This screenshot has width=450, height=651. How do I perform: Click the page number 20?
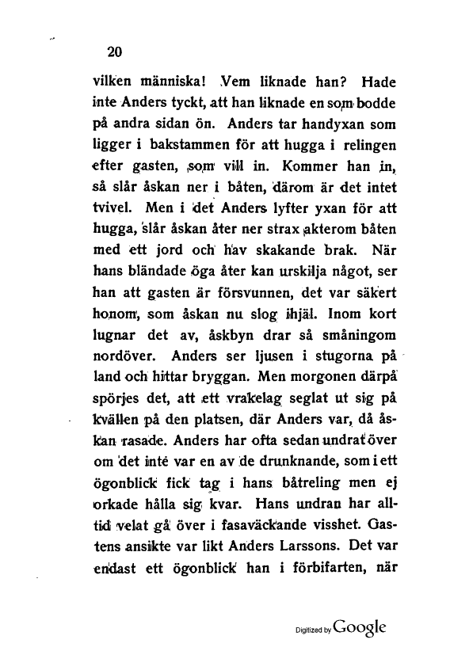pyautogui.click(x=114, y=53)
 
